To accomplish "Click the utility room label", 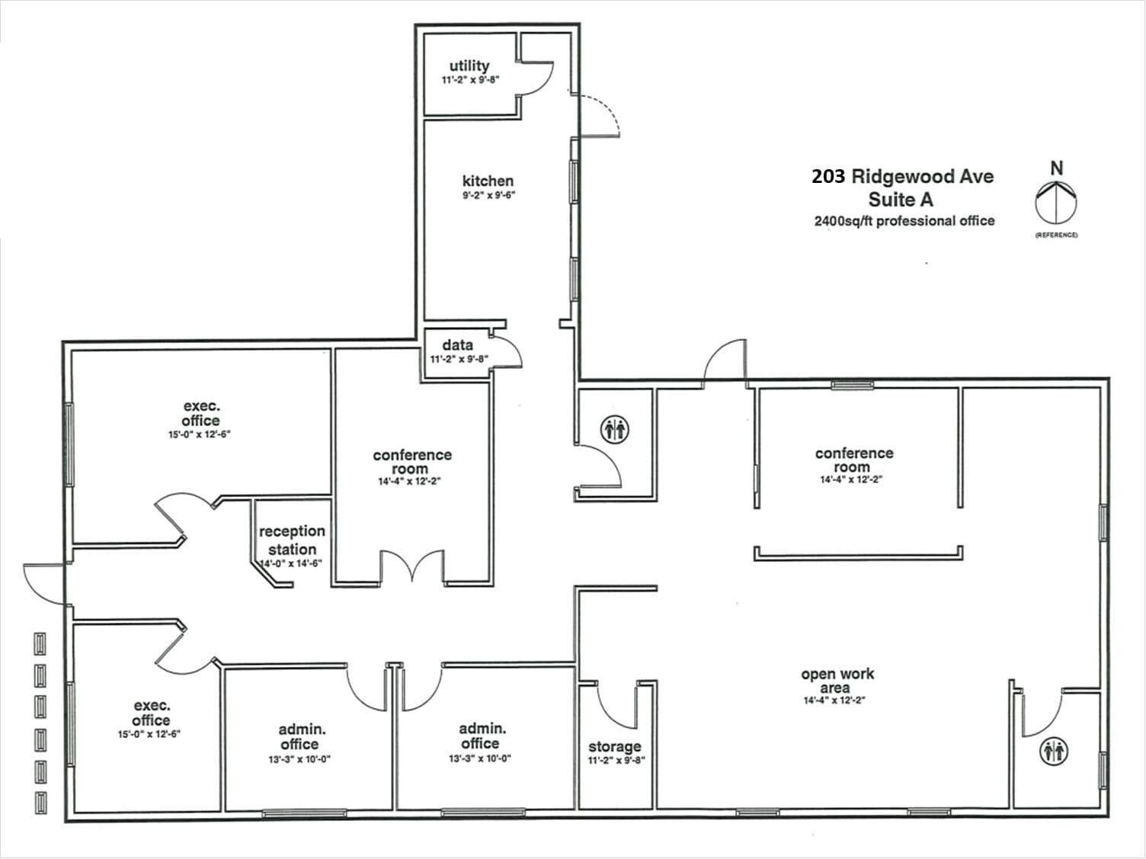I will (469, 66).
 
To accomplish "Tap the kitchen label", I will (488, 181).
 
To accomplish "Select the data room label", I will (457, 345).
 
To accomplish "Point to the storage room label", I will (614, 746).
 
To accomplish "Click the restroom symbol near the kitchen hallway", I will (615, 429).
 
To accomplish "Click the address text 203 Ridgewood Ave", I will (902, 177).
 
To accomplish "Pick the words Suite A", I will (901, 200).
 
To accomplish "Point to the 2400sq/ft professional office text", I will (904, 221).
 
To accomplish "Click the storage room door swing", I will (616, 705).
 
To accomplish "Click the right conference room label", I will (853, 460).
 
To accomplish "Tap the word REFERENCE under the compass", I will (1056, 235).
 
